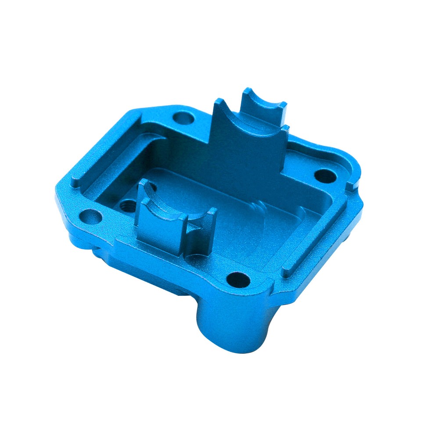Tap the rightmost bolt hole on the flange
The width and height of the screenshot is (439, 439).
pyautogui.click(x=325, y=176)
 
